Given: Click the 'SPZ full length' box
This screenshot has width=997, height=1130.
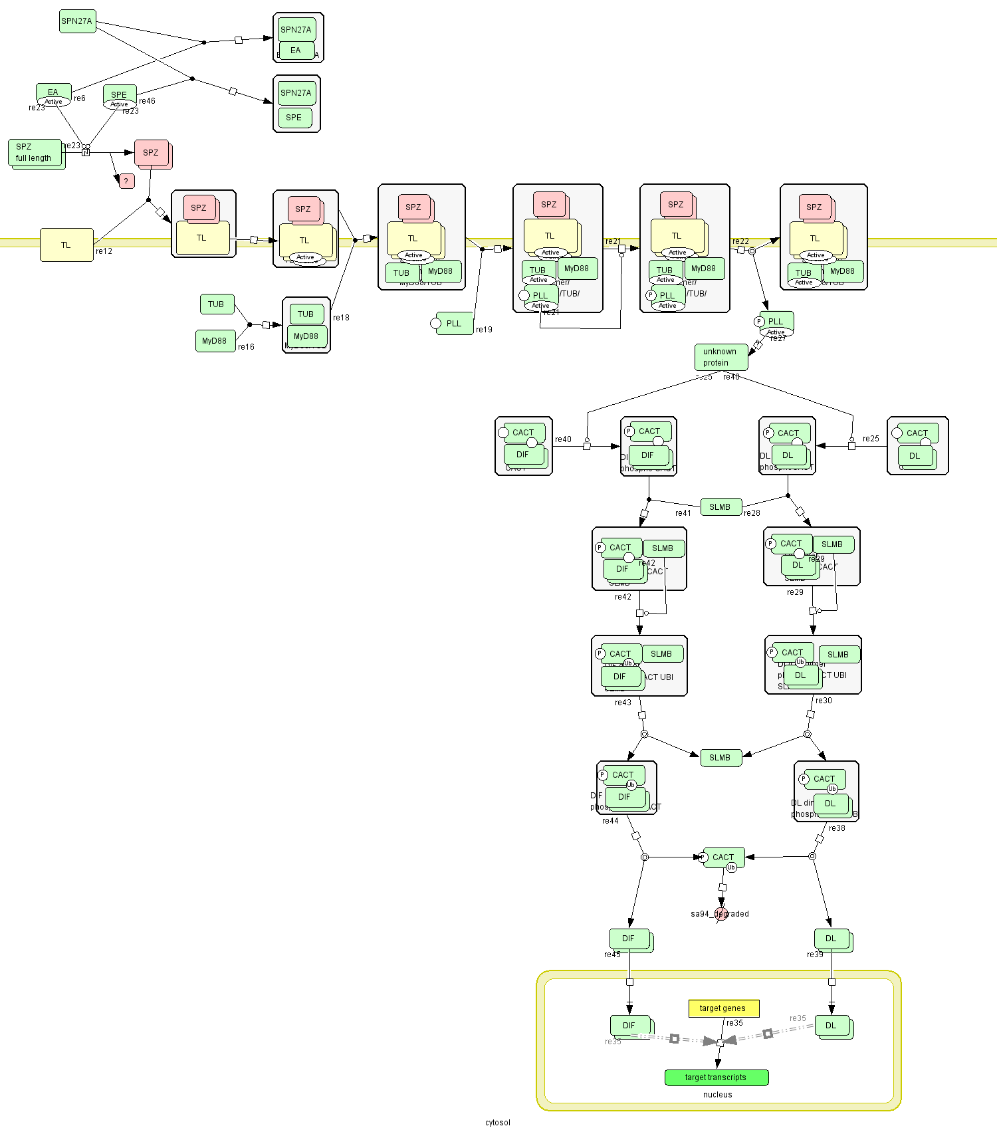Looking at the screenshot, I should [x=35, y=153].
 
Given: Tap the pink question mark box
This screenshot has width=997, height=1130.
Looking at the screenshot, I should [x=126, y=181].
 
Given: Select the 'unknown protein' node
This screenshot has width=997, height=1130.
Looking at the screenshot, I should [x=720, y=357].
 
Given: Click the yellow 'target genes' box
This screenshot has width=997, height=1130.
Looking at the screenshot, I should [x=723, y=1008].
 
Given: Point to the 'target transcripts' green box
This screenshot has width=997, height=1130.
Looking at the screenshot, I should [x=716, y=1077].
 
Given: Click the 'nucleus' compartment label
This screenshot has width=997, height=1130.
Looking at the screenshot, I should [x=717, y=1095].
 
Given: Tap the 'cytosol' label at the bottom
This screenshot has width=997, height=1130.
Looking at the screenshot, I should [x=497, y=1123].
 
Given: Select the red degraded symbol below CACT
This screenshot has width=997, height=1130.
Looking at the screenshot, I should [x=721, y=914].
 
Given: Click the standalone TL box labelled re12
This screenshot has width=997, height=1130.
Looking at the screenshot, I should [x=66, y=245].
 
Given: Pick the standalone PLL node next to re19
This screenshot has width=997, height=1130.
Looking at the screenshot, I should [x=454, y=324].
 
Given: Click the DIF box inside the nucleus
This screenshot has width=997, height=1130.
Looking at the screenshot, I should [x=629, y=1026].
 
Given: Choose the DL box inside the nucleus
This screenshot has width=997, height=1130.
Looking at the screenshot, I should [x=831, y=1026].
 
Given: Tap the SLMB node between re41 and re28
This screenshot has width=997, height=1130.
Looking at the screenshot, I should [x=720, y=507].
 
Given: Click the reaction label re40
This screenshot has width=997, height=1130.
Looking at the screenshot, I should [x=563, y=439].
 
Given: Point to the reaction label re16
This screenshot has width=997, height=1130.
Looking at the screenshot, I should [x=246, y=347].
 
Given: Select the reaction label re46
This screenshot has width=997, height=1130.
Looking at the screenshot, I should [x=147, y=101].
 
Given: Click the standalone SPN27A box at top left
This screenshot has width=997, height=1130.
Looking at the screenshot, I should [x=77, y=21].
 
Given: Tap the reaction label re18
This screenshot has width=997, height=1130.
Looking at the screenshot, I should [x=341, y=318].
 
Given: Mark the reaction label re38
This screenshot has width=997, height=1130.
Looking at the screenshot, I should [x=837, y=828].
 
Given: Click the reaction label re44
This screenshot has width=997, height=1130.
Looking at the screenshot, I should [x=610, y=821].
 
